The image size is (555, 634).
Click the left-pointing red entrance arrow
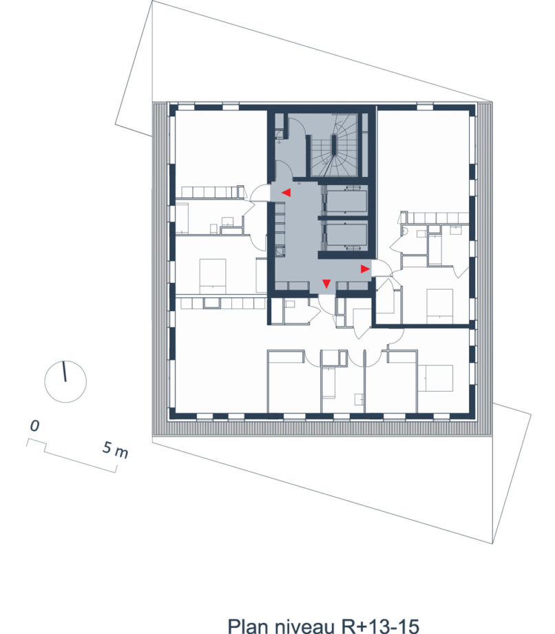(286, 193)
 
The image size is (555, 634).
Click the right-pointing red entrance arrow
(365, 269)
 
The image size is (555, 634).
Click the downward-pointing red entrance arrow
(326, 284)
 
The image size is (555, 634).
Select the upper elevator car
(346, 201)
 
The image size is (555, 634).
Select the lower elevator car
(346, 235)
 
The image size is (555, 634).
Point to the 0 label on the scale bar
(35, 426)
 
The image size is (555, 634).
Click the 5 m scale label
(116, 450)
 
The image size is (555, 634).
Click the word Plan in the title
(248, 626)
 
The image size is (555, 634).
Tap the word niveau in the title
(306, 626)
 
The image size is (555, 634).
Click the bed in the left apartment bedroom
(213, 276)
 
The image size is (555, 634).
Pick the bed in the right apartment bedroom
(440, 306)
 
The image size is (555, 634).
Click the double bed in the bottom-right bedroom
(435, 378)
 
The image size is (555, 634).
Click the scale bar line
(72, 456)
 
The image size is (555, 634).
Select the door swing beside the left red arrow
(260, 193)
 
